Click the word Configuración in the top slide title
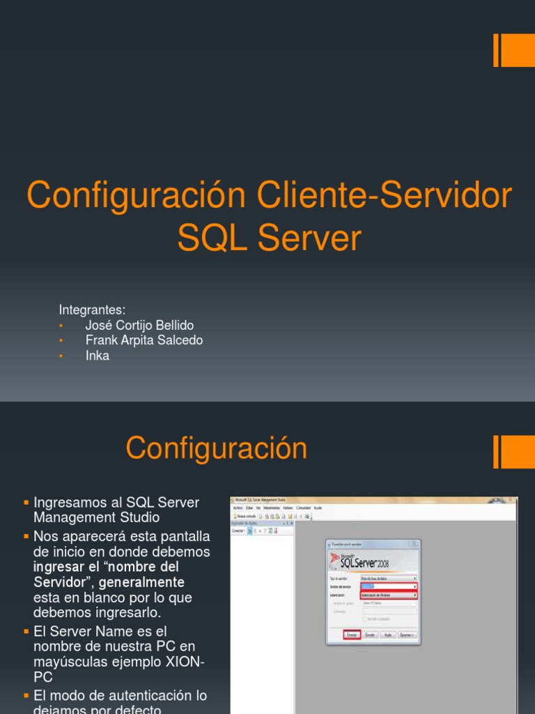pos(136,196)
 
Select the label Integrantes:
pos(92,310)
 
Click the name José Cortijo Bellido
pos(139,326)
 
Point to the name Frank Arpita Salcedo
pos(144,340)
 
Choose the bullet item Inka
pos(97,356)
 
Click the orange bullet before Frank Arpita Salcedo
pos(61,341)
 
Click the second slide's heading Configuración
pos(216,448)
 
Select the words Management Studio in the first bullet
pos(96,517)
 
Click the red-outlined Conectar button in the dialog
pos(352,635)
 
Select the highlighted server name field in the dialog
pos(389,586)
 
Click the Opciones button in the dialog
pos(407,635)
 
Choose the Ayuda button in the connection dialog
pos(388,635)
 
